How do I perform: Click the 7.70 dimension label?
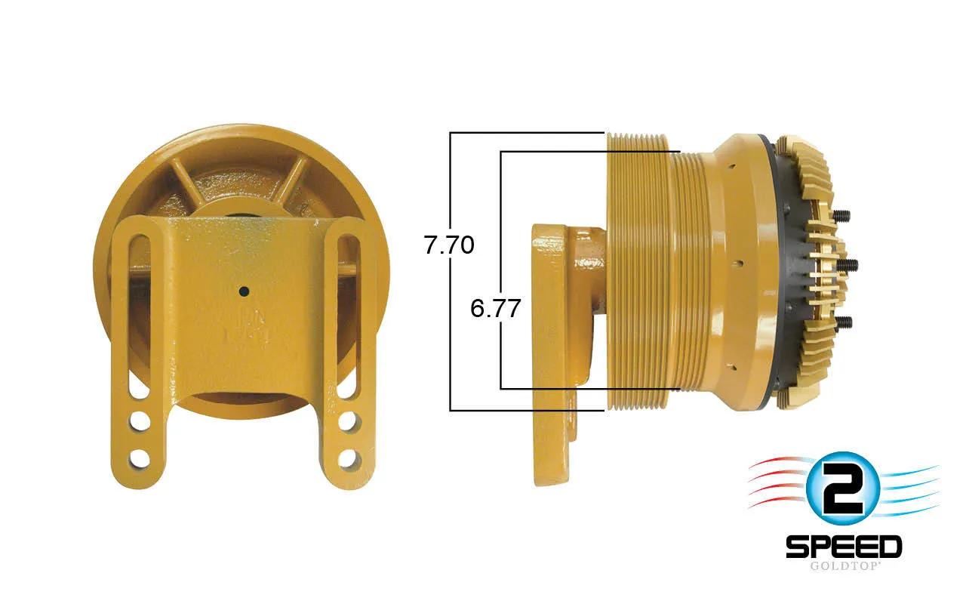449,245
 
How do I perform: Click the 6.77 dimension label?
495,308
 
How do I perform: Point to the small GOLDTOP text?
844,566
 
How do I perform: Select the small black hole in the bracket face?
245,291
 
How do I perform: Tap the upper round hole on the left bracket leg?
140,421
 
